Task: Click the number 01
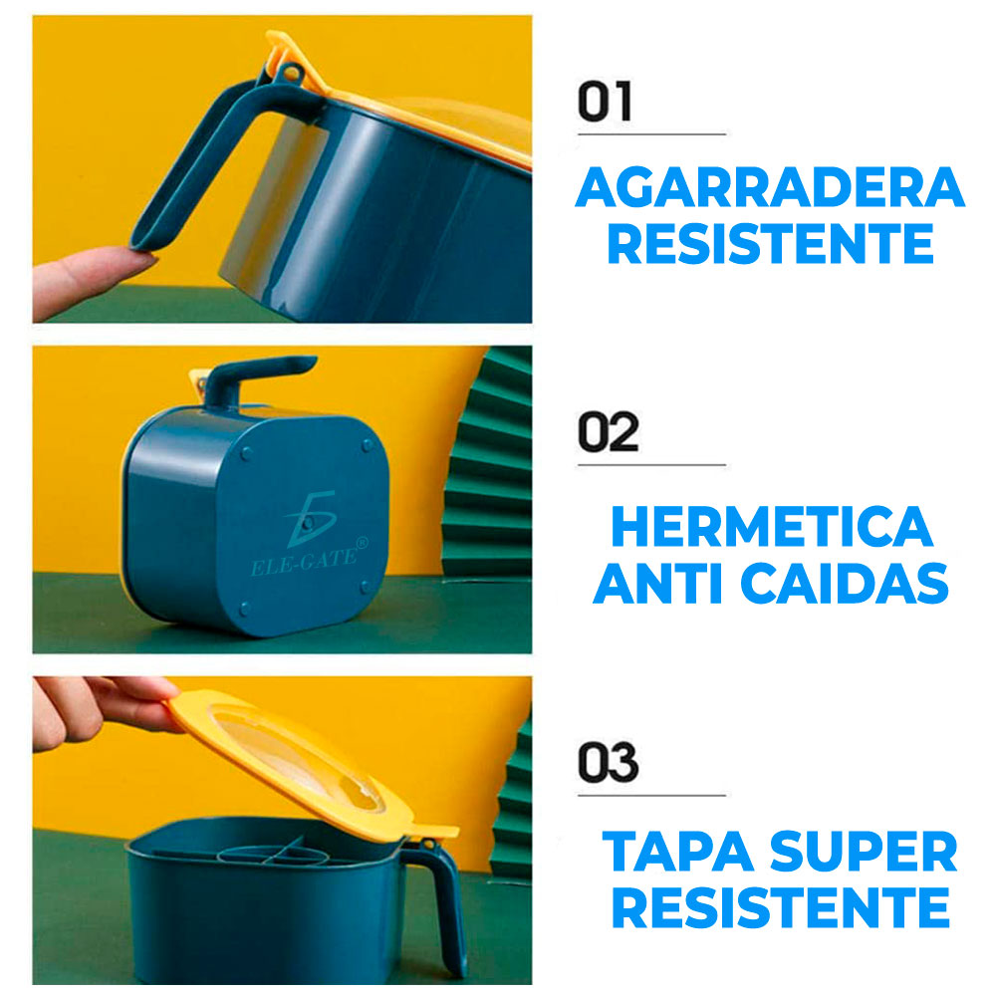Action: [605, 104]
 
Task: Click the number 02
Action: [608, 434]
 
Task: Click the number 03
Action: [608, 764]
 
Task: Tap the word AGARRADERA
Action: [770, 188]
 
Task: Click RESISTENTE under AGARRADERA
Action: [770, 244]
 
